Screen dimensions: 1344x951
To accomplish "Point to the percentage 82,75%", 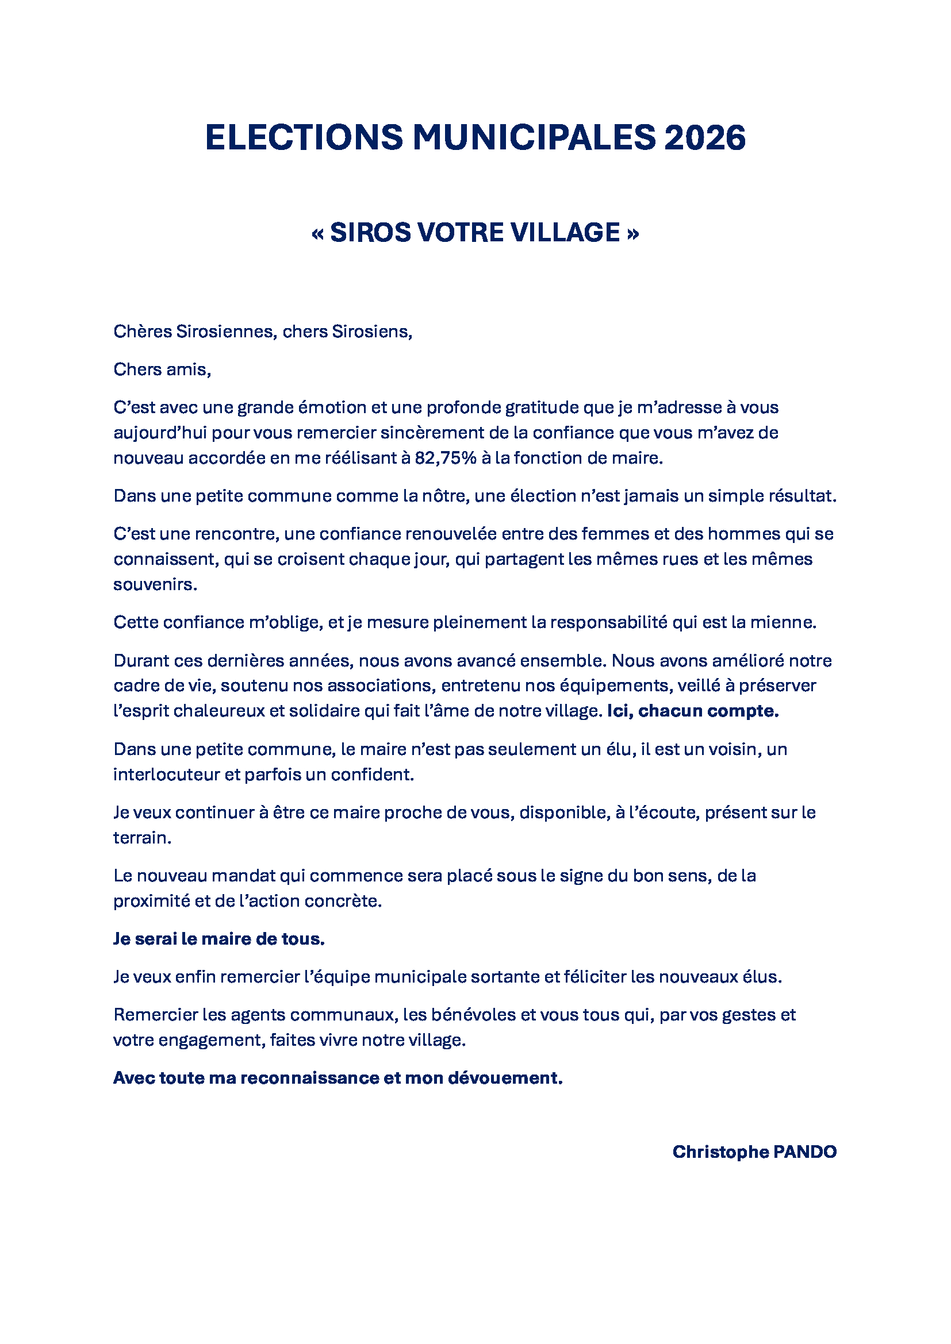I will click(x=446, y=458).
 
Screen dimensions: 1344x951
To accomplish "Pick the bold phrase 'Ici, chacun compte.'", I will click(x=693, y=711).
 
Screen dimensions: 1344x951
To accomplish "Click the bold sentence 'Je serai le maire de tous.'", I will click(x=219, y=938).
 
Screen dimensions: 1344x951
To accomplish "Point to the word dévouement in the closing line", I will click(x=505, y=1077).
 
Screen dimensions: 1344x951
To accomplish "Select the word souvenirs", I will click(x=155, y=584).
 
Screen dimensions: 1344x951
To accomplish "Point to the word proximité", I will click(x=152, y=900).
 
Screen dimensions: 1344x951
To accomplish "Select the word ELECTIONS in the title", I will click(x=304, y=137).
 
